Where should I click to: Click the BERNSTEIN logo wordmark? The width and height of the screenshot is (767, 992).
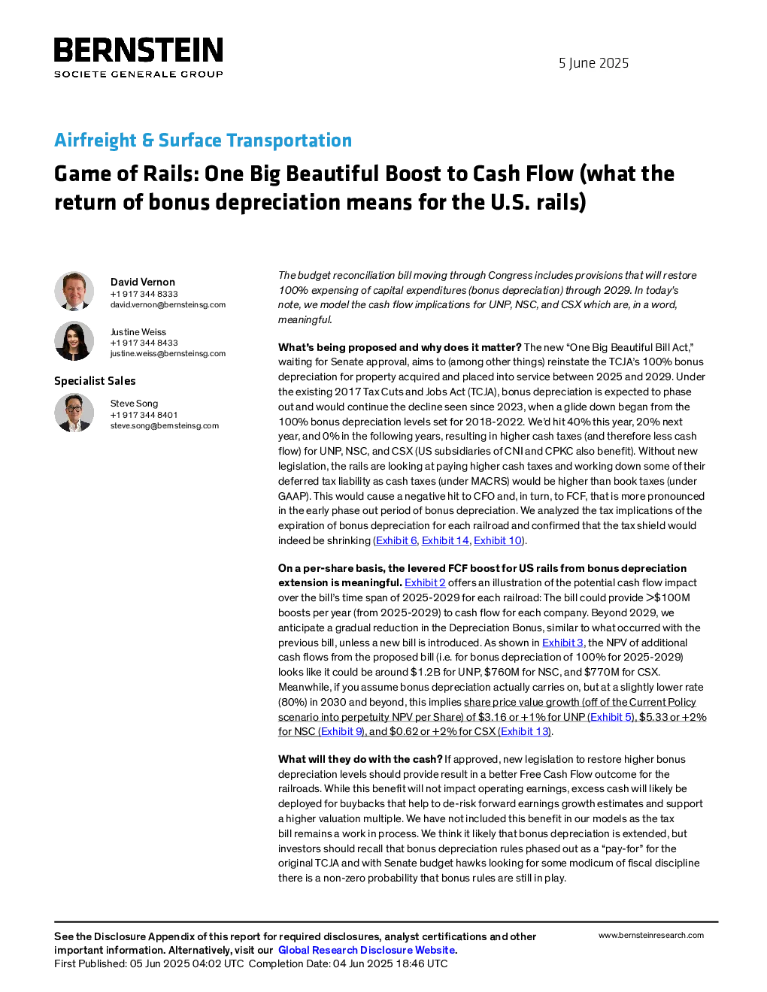click(x=138, y=50)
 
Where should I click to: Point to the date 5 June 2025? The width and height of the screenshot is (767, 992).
click(x=593, y=63)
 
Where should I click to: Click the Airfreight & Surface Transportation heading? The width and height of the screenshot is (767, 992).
click(x=203, y=140)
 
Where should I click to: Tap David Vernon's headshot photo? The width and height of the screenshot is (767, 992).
click(x=74, y=292)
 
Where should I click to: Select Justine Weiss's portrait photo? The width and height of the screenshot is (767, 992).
click(x=74, y=340)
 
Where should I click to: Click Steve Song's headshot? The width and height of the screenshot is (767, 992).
click(x=74, y=413)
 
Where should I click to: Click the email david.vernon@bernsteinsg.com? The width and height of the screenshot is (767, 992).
click(x=168, y=304)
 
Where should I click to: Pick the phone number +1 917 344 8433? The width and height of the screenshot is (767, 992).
click(x=144, y=343)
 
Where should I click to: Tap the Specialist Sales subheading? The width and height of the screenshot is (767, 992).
click(x=95, y=381)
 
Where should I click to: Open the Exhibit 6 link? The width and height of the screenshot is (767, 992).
click(x=396, y=540)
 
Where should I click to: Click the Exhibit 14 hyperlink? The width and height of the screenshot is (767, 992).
click(x=445, y=540)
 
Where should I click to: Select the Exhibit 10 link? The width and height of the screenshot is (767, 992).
click(x=498, y=540)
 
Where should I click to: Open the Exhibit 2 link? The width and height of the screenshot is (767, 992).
click(x=425, y=582)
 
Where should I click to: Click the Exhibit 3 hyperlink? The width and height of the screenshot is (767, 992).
click(x=562, y=643)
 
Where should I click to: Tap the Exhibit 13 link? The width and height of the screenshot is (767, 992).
click(x=524, y=731)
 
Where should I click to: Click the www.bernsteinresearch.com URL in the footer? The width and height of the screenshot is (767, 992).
click(x=651, y=936)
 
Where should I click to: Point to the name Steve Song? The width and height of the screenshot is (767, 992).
click(x=134, y=403)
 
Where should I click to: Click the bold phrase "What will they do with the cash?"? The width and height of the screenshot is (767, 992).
click(x=360, y=759)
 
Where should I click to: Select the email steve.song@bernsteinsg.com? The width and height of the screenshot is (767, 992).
click(x=165, y=425)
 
